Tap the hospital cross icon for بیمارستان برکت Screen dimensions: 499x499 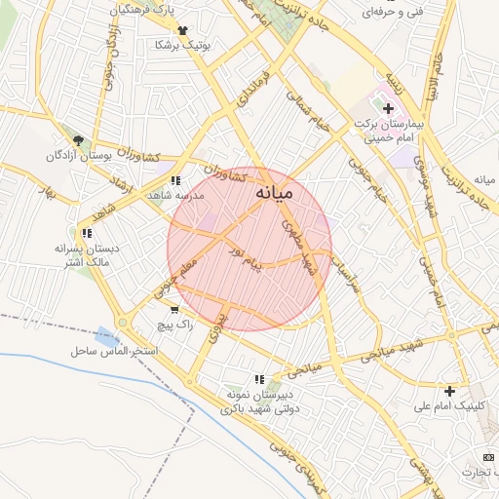pyautogui.click(x=388, y=108)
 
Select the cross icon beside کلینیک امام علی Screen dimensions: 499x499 pyautogui.click(x=449, y=390)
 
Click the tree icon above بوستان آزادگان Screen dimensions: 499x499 pyautogui.click(x=78, y=140)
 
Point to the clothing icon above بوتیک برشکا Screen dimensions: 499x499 pyautogui.click(x=181, y=30)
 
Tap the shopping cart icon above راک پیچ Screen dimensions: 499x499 pyautogui.click(x=173, y=309)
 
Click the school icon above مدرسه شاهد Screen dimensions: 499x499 pyautogui.click(x=175, y=181)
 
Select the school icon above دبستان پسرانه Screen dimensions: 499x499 pyautogui.click(x=88, y=233)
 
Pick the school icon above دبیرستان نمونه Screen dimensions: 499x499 pyautogui.click(x=259, y=379)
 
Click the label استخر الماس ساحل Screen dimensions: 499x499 pyautogui.click(x=108, y=349)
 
